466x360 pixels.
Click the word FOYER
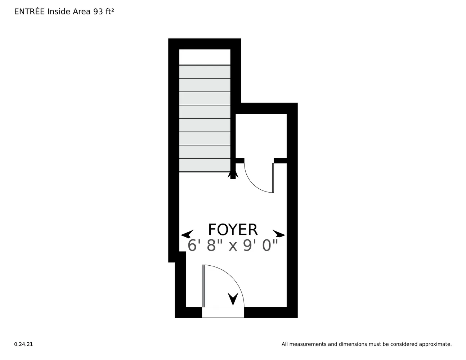tap(233, 230)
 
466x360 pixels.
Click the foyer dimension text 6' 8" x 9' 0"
tap(233, 246)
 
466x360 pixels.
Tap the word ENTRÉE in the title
tap(30, 12)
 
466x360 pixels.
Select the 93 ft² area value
tap(103, 12)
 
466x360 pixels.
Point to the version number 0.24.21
tap(23, 344)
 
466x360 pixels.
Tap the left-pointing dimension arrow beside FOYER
tap(187, 234)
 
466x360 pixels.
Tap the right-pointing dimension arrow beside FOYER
tap(279, 234)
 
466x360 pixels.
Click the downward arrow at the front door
tap(233, 299)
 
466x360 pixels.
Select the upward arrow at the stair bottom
tap(233, 175)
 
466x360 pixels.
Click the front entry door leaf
tap(203, 286)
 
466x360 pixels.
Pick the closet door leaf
tap(273, 178)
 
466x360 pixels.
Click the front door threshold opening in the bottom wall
tap(223, 312)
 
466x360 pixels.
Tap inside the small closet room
tap(261, 136)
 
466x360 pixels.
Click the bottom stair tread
tap(205, 165)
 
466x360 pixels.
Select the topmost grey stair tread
tap(205, 72)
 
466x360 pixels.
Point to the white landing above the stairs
tap(205, 57)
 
